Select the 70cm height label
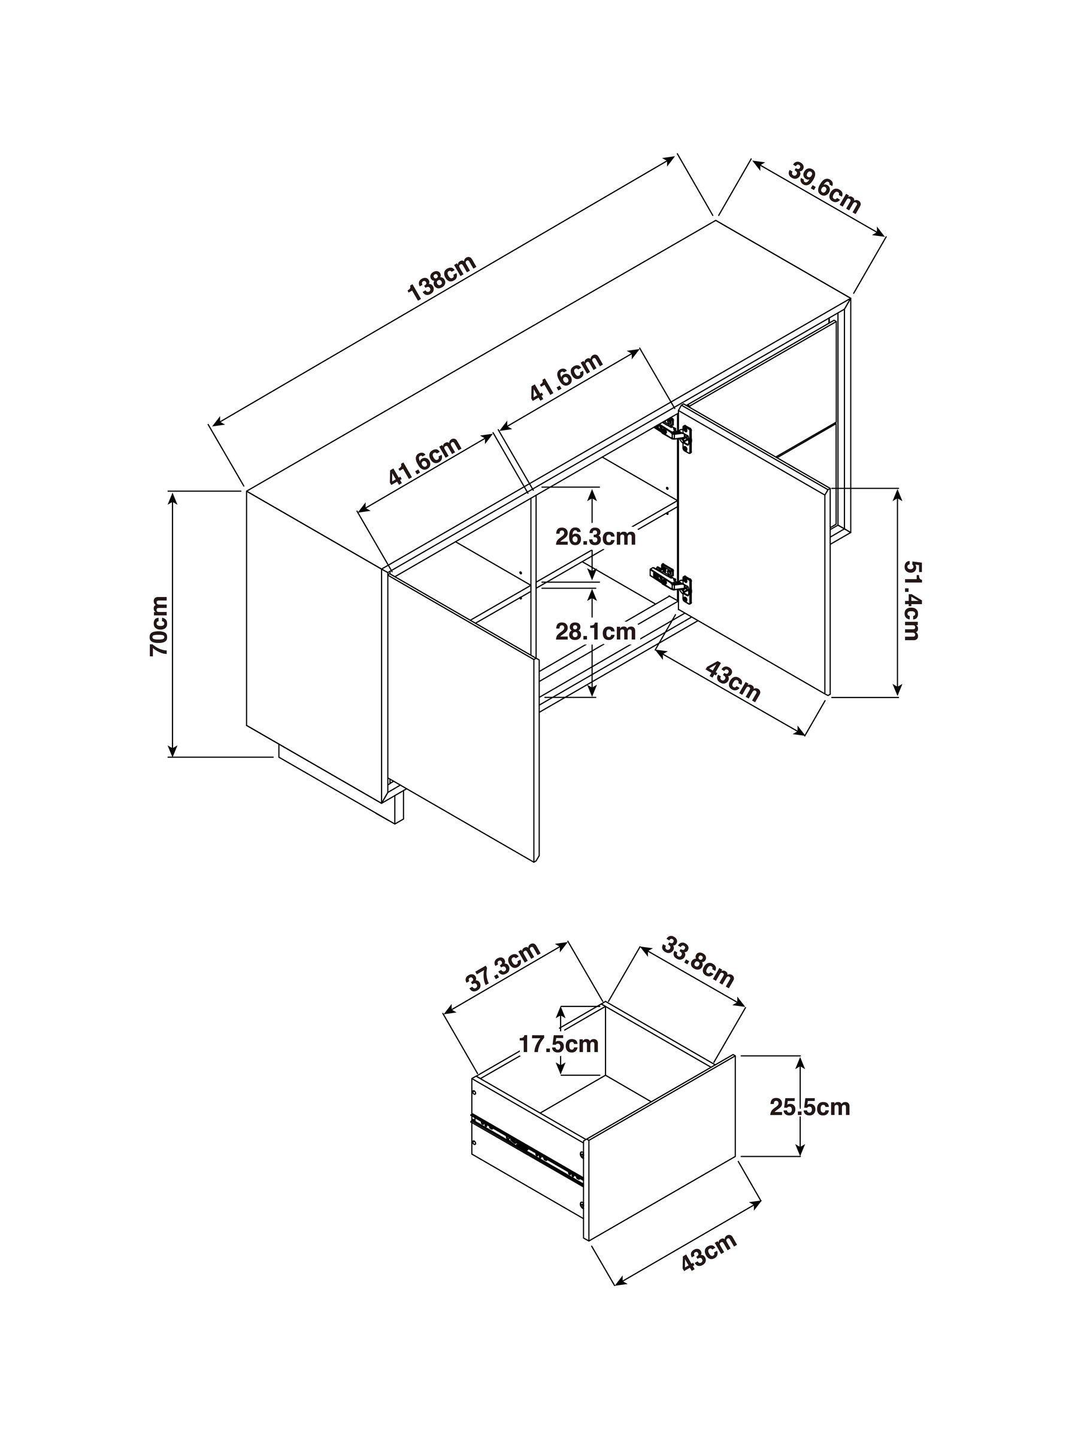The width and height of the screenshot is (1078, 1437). tap(159, 626)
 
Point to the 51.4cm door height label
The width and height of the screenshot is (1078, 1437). tap(912, 601)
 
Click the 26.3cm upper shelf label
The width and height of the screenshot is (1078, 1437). tap(595, 537)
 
